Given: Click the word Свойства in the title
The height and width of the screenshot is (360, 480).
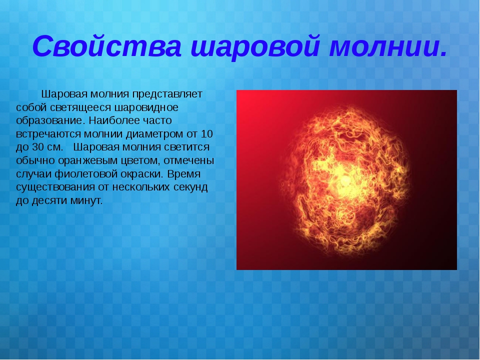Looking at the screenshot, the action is click(107, 46).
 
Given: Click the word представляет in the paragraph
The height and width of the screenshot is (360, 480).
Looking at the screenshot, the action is click(167, 94).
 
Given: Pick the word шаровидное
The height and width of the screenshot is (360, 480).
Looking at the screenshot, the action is click(146, 108).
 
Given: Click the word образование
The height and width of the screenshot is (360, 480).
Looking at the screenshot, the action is click(49, 120).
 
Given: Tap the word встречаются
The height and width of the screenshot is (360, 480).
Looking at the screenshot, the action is click(48, 134).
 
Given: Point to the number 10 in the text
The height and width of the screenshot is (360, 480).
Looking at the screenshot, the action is click(207, 134).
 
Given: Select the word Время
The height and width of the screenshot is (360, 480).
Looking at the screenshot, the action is click(184, 174).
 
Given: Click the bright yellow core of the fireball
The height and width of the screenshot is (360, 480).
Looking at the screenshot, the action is click(345, 181).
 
